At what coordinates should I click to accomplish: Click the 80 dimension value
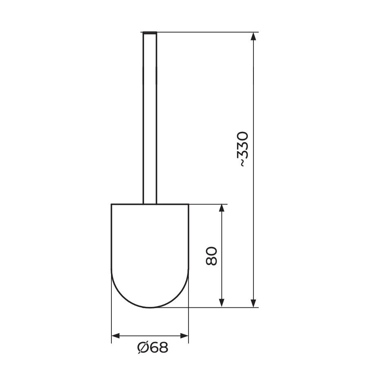coord(211,256)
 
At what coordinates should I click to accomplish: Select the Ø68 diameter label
coord(153,348)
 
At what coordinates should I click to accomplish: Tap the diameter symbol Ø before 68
coord(143,348)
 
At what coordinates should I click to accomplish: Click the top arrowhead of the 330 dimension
coord(253,36)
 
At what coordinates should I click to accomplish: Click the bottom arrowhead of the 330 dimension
coord(253,303)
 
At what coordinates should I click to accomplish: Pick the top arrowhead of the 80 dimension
coord(222,209)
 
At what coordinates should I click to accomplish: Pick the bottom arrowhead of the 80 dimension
coord(222,303)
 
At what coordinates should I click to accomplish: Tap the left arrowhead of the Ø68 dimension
coord(116,336)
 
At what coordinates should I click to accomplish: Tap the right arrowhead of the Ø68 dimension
coord(184,336)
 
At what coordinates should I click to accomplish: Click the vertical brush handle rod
coord(150,118)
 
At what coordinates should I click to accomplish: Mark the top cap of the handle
coord(150,32)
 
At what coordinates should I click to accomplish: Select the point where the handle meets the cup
coord(150,203)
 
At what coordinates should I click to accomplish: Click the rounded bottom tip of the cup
coord(150,307)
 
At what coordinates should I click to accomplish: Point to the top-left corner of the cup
coord(112,204)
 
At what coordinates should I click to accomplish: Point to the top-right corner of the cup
coord(188,204)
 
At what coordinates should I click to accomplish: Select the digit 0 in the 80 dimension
coord(211,250)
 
